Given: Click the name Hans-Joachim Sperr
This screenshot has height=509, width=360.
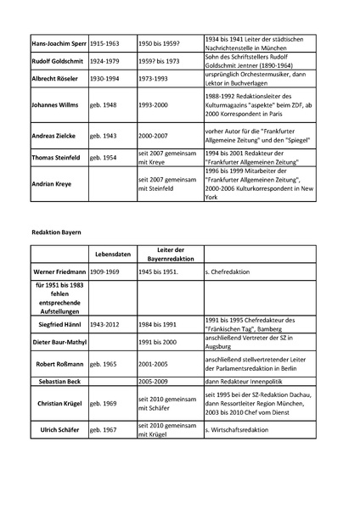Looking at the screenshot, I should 58,42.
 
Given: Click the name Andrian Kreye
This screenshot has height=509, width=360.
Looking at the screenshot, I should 52,183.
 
